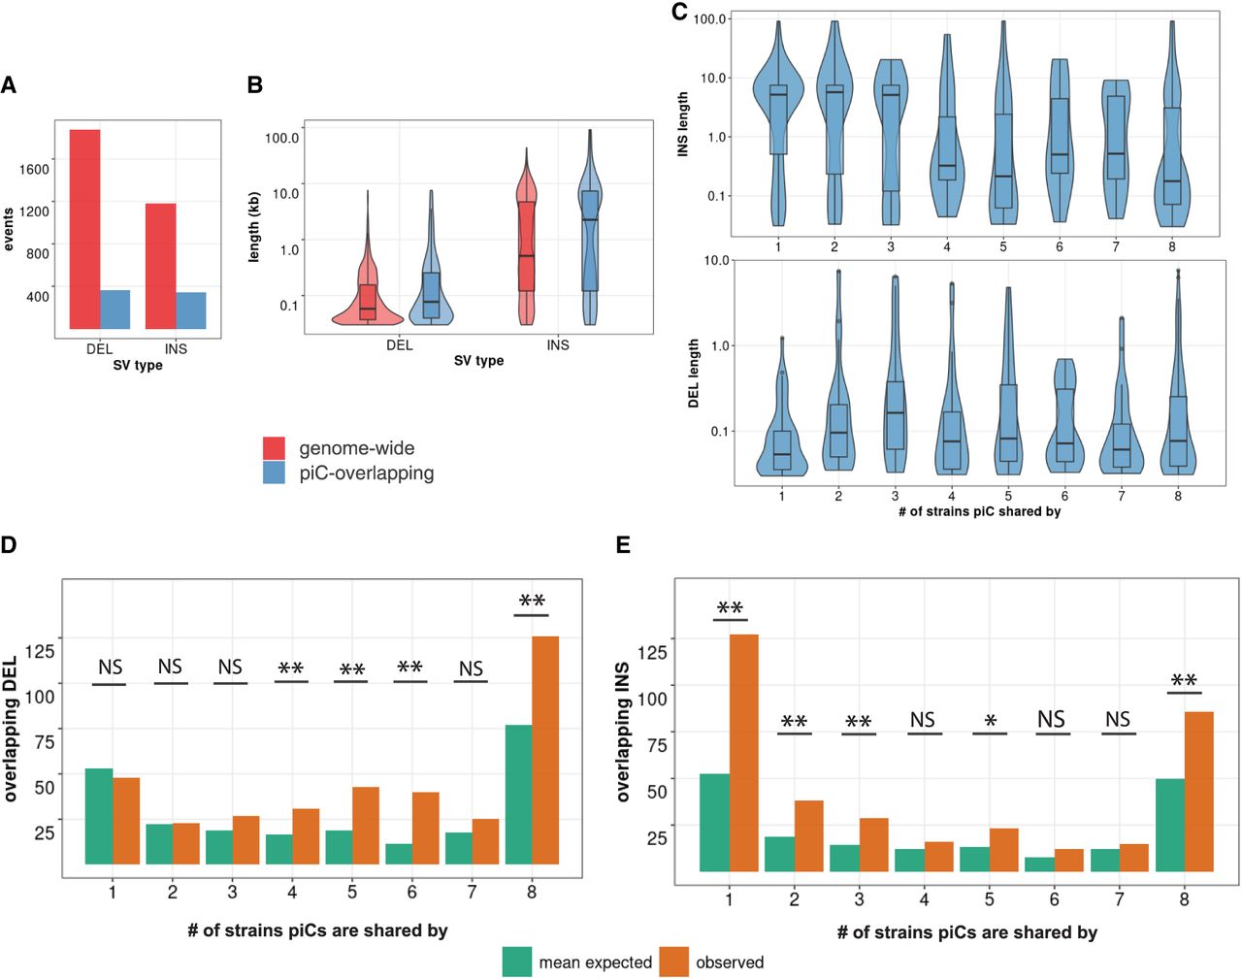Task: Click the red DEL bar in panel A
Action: pyautogui.click(x=84, y=229)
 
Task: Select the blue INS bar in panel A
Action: pyautogui.click(x=191, y=310)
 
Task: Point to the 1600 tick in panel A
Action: pyautogui.click(x=34, y=169)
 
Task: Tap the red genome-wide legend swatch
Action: pyautogui.click(x=275, y=448)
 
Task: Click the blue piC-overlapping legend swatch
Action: pyautogui.click(x=275, y=473)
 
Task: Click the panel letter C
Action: pyautogui.click(x=679, y=12)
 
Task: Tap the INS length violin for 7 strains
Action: pyautogui.click(x=1116, y=146)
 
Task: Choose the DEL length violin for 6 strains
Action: pyautogui.click(x=1065, y=417)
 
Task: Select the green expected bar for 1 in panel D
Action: pyautogui.click(x=99, y=816)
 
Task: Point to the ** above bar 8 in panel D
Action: pyautogui.click(x=532, y=602)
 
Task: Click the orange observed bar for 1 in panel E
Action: pyautogui.click(x=743, y=753)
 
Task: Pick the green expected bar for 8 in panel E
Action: pyautogui.click(x=1169, y=825)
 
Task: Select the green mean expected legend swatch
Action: pyautogui.click(x=517, y=962)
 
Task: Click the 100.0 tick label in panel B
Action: pyautogui.click(x=282, y=138)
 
